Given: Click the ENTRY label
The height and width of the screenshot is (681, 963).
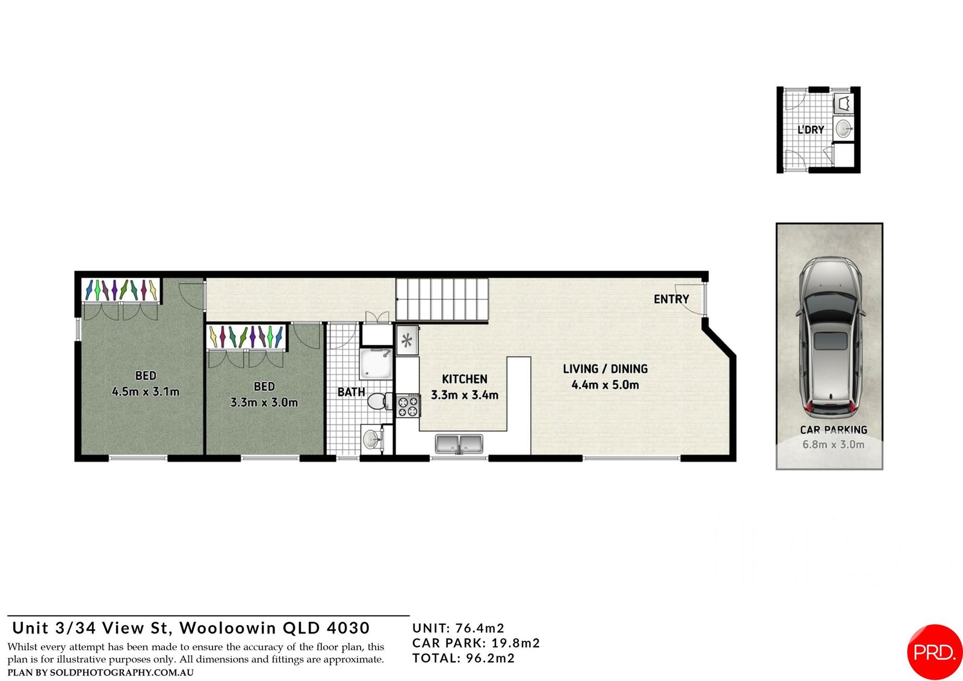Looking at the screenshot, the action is click(671, 299).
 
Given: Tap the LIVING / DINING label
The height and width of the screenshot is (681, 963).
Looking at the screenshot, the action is click(605, 368).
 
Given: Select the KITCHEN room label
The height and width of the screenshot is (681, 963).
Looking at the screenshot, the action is click(465, 379).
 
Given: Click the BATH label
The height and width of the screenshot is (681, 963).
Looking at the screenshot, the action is click(351, 392).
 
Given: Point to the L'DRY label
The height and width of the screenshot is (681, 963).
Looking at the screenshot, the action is click(811, 129).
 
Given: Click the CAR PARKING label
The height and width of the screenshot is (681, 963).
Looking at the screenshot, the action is click(834, 429).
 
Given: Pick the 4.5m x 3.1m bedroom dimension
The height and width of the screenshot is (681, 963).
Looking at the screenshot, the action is click(145, 392).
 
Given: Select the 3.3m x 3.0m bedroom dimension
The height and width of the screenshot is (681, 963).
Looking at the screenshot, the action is click(264, 403).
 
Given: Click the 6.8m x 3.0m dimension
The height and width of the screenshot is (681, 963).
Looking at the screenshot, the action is click(834, 444).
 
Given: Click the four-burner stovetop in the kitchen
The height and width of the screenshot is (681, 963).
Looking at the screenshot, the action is click(408, 406).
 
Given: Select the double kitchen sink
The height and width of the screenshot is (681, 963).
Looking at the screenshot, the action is click(459, 444).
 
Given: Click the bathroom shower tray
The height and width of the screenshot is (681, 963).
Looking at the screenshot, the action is click(376, 364).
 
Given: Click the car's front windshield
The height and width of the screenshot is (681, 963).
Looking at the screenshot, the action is click(830, 303).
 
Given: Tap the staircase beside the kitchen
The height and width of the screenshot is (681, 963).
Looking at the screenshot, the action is click(442, 299).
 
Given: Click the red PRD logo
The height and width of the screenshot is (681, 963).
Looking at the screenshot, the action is click(934, 652).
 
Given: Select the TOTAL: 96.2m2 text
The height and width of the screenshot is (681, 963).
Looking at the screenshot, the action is click(463, 658).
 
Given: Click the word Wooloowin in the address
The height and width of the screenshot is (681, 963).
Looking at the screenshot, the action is click(228, 628).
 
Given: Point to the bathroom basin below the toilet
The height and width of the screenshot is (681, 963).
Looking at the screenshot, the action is click(371, 439).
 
